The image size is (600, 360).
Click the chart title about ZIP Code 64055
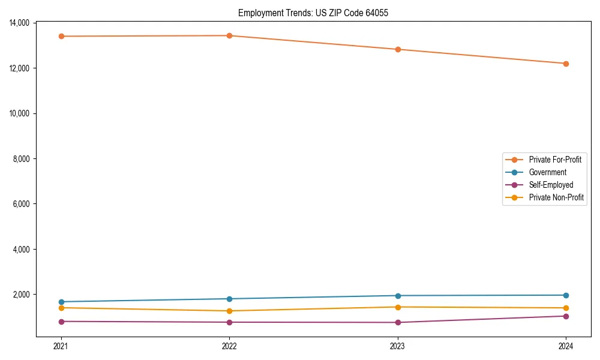313,13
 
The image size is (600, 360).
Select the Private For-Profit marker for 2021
61,36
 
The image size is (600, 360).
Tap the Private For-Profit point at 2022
229,35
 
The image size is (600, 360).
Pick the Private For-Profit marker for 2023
398,49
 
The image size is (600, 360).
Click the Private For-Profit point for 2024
566,64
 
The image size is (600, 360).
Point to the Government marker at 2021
61,302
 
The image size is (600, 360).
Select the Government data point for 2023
398,296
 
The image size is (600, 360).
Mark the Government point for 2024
566,295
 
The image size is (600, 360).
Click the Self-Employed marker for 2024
566,316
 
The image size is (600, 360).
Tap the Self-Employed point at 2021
61,322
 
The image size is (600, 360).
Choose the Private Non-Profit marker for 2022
229,311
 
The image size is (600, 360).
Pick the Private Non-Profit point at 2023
398,307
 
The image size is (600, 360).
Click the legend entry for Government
547,172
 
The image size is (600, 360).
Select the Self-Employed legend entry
551,185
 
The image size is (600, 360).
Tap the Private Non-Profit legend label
556,197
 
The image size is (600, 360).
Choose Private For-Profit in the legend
555,160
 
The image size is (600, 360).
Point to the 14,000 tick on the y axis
20,23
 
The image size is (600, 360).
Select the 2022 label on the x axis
229,346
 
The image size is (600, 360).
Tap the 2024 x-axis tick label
566,346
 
